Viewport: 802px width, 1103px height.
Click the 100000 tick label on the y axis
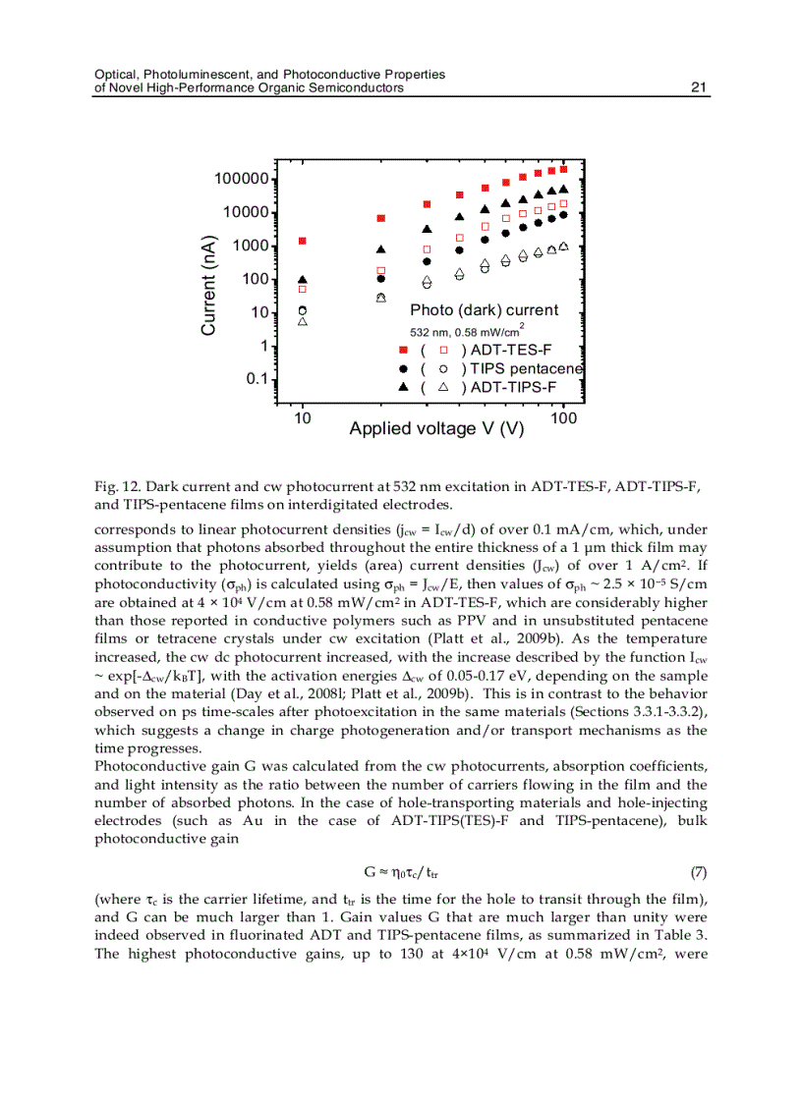click(242, 179)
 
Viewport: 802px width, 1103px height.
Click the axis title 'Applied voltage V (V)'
click(436, 429)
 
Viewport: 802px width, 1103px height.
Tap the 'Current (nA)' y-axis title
click(208, 286)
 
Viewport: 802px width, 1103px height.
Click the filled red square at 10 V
click(303, 241)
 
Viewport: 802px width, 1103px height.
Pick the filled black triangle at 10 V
click(303, 280)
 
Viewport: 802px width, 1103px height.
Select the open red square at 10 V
click(303, 290)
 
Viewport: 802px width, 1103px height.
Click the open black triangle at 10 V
click(303, 321)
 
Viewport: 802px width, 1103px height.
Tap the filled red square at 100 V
click(563, 169)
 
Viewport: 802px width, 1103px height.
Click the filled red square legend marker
click(403, 350)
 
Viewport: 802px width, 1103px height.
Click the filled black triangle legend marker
click(403, 387)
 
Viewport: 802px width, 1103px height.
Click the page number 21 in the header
click(700, 87)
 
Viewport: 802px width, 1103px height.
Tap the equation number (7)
click(698, 871)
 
